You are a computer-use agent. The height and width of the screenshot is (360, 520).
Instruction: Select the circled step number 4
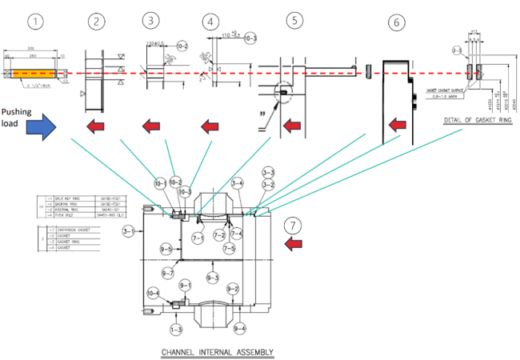tap(210, 22)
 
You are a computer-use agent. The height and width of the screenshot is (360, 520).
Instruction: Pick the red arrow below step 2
tap(97, 126)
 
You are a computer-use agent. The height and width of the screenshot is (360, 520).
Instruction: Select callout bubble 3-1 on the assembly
tap(129, 232)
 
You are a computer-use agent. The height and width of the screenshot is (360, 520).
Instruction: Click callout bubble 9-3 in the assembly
tap(212, 278)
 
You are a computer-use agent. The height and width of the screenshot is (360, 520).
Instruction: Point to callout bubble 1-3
tap(176, 329)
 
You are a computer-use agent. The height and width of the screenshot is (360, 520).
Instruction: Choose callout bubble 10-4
tap(152, 294)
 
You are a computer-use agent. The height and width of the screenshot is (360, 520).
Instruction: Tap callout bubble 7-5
tap(229, 249)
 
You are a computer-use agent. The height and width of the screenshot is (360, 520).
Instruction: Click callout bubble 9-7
tap(169, 274)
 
